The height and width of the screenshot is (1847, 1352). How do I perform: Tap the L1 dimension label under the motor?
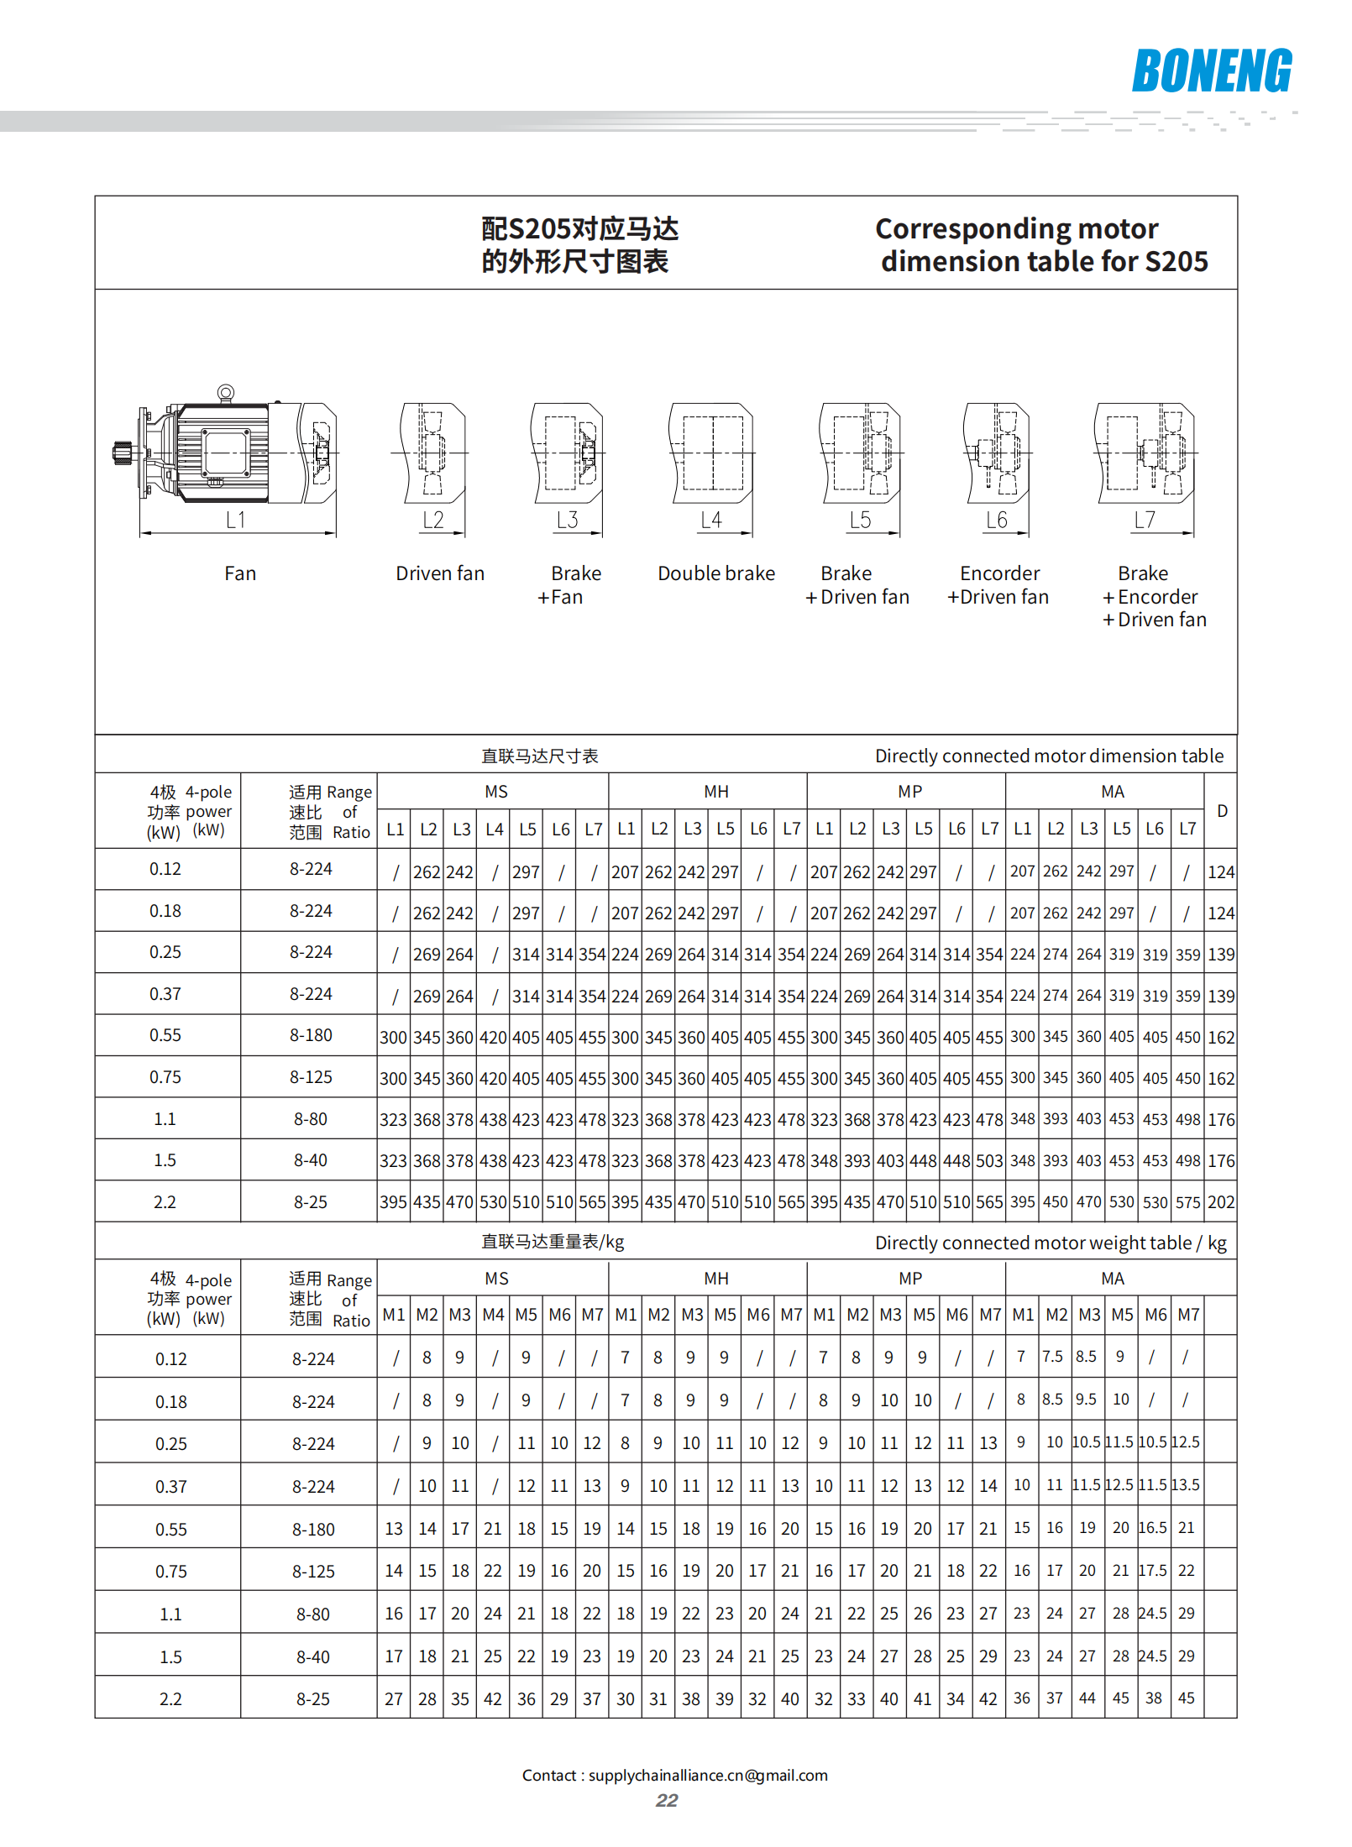[x=235, y=521]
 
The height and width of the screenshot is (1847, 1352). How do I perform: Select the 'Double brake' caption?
[x=716, y=573]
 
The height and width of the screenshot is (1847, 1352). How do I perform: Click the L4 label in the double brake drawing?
[x=711, y=521]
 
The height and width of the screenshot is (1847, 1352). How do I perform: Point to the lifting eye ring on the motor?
[x=225, y=392]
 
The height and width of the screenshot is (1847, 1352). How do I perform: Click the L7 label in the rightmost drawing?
[x=1145, y=521]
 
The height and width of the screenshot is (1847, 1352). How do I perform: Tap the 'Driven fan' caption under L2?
[x=440, y=573]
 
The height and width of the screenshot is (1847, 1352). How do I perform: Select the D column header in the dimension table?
[x=1222, y=811]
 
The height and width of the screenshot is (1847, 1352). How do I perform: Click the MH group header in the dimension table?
[x=716, y=792]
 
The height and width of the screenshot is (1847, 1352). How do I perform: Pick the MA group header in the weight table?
[x=1113, y=1279]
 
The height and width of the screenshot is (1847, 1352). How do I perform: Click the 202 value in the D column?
[x=1221, y=1202]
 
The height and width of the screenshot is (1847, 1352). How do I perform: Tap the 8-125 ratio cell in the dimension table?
[x=311, y=1077]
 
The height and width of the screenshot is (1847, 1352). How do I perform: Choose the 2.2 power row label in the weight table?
[x=170, y=1699]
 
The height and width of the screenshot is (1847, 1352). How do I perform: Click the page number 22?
[x=667, y=1801]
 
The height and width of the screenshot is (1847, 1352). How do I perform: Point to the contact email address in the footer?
[x=708, y=1776]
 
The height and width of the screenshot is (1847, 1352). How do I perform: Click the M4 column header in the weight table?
[x=493, y=1315]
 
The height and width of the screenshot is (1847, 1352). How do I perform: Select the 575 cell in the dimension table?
[x=1187, y=1202]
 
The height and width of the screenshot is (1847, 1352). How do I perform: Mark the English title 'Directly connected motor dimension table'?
[x=1049, y=756]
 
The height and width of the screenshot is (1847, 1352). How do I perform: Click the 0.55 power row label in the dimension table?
[x=165, y=1035]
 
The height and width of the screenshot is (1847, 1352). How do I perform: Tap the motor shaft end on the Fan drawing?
[x=120, y=453]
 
